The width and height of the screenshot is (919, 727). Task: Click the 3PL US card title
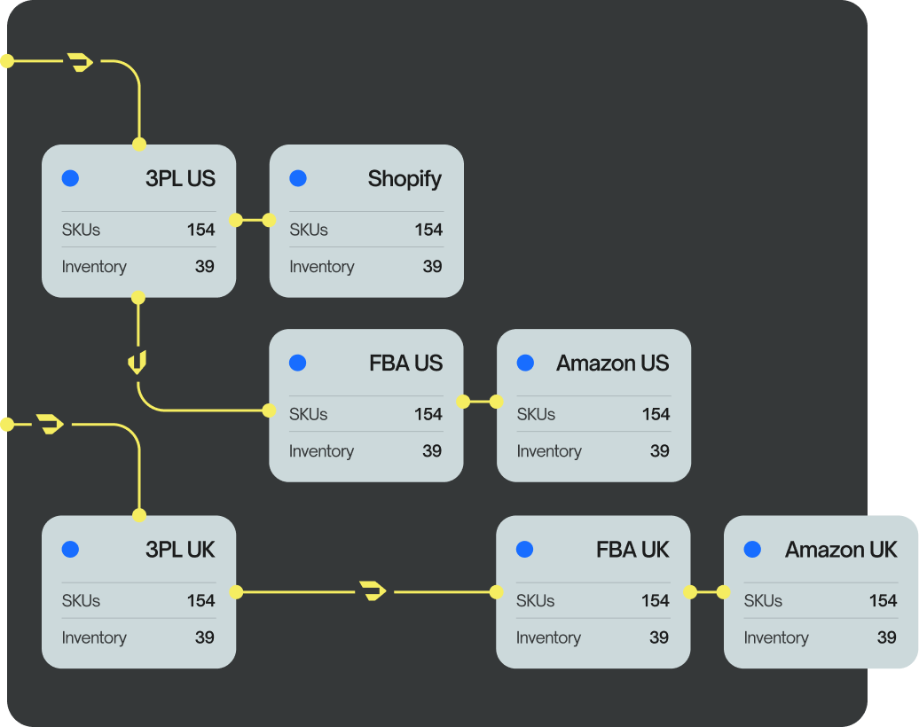180,178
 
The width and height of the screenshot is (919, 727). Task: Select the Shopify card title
405,178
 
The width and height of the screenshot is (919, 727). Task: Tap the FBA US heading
405,363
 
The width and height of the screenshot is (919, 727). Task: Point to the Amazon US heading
612,363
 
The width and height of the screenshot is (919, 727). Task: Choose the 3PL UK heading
180,550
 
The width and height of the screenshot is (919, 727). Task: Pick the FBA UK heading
632,550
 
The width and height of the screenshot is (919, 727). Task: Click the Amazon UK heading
841,550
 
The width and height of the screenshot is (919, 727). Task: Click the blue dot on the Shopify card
298,178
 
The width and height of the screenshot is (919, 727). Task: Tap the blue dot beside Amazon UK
752,550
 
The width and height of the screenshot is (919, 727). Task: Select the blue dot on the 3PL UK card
70,550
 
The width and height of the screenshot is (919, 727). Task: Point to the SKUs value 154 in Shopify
428,230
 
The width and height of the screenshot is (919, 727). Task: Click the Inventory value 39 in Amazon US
659,451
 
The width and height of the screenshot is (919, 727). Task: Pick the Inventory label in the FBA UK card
548,637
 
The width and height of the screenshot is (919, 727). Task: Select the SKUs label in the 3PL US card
81,230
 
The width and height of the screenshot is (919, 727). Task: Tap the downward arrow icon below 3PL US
137,362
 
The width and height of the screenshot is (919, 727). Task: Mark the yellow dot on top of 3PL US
139,144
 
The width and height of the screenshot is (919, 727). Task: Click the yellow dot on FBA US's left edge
269,410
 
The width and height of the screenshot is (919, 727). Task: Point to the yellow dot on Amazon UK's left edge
724,591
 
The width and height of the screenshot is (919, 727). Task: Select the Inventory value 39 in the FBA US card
432,451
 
